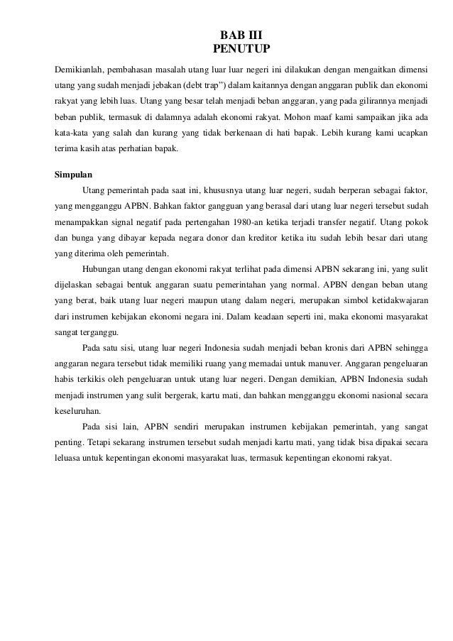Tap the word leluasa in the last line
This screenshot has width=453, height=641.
(71, 458)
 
